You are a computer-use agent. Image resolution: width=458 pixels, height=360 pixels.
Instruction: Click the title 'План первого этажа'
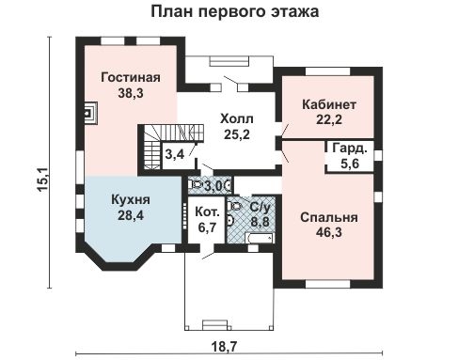(x=235, y=12)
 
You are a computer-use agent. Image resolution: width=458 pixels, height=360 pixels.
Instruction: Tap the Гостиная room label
(x=131, y=77)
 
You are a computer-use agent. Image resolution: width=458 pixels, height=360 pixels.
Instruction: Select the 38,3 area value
(x=131, y=93)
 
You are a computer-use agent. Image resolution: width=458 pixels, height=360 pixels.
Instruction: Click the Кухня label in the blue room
(x=131, y=199)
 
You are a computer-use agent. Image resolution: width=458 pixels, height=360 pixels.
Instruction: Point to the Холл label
(x=237, y=119)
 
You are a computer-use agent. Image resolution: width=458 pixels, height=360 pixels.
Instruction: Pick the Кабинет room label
(x=329, y=104)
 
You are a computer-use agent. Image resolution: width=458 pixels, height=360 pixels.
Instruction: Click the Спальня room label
(x=329, y=217)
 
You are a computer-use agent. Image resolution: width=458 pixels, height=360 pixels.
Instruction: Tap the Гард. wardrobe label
(x=350, y=148)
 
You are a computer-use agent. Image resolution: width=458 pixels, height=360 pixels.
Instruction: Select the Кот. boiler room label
(x=207, y=211)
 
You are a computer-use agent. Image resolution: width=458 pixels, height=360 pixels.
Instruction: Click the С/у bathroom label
(x=260, y=207)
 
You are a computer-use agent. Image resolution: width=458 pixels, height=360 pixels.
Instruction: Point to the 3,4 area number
(x=174, y=154)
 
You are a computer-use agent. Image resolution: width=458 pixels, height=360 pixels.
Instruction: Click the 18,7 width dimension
(x=225, y=347)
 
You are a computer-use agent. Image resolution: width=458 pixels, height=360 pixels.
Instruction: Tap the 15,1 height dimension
(x=42, y=179)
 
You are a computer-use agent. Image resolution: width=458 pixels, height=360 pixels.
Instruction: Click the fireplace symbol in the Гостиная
(x=90, y=113)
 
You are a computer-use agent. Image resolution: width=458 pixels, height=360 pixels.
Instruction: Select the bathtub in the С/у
(x=260, y=238)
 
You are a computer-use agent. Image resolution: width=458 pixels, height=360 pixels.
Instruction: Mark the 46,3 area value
(x=329, y=232)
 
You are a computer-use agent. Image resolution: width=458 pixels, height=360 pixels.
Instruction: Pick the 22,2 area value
(x=329, y=119)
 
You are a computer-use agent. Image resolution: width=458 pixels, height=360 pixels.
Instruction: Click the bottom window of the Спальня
(x=327, y=284)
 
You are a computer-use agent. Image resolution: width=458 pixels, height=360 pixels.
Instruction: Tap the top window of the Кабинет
(x=327, y=71)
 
